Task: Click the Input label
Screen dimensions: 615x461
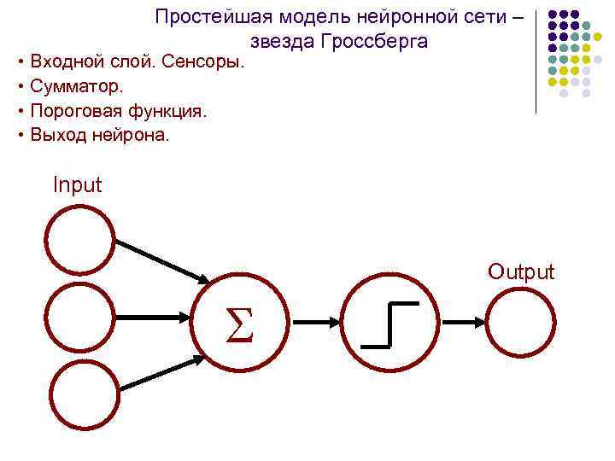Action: (x=77, y=184)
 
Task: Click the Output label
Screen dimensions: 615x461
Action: (x=521, y=272)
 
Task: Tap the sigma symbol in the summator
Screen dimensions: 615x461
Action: (x=242, y=324)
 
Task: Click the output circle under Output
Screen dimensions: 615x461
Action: (x=521, y=322)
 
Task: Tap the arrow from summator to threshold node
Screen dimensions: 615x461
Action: (x=315, y=323)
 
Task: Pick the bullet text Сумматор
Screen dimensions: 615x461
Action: (x=77, y=86)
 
